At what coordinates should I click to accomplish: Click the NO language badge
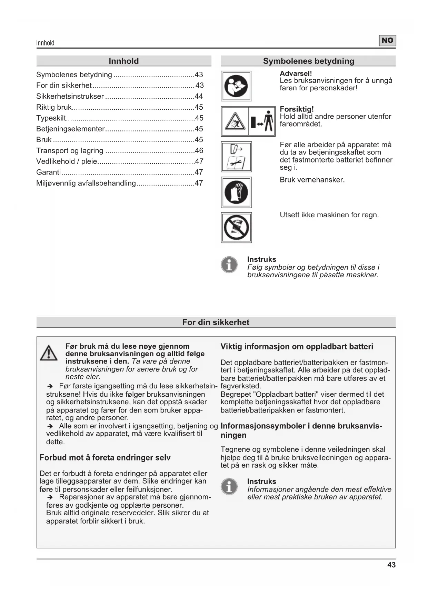click(387, 41)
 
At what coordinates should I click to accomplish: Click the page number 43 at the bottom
click(391, 565)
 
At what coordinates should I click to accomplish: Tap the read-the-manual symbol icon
click(236, 86)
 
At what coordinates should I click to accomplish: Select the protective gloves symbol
click(236, 192)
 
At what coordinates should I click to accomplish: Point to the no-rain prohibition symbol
click(236, 228)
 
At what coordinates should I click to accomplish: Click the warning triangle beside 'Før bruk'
click(49, 353)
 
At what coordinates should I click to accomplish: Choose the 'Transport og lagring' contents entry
click(70, 151)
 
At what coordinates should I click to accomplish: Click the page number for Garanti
click(199, 172)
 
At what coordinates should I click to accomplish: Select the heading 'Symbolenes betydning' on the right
click(308, 61)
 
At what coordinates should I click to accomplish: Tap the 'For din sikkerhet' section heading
click(216, 322)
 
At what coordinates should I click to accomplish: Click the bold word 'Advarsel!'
click(296, 73)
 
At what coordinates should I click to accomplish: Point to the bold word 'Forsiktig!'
click(297, 109)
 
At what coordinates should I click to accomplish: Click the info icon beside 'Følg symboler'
click(229, 265)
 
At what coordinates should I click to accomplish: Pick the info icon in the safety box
click(229, 486)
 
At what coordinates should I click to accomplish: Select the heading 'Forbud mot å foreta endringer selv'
click(105, 458)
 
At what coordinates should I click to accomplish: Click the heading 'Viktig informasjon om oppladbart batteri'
click(297, 347)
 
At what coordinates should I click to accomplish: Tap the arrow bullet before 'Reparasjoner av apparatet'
click(50, 497)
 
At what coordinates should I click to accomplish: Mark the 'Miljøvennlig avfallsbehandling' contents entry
click(86, 183)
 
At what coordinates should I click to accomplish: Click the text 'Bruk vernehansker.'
click(312, 180)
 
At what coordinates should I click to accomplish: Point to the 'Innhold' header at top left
click(45, 43)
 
